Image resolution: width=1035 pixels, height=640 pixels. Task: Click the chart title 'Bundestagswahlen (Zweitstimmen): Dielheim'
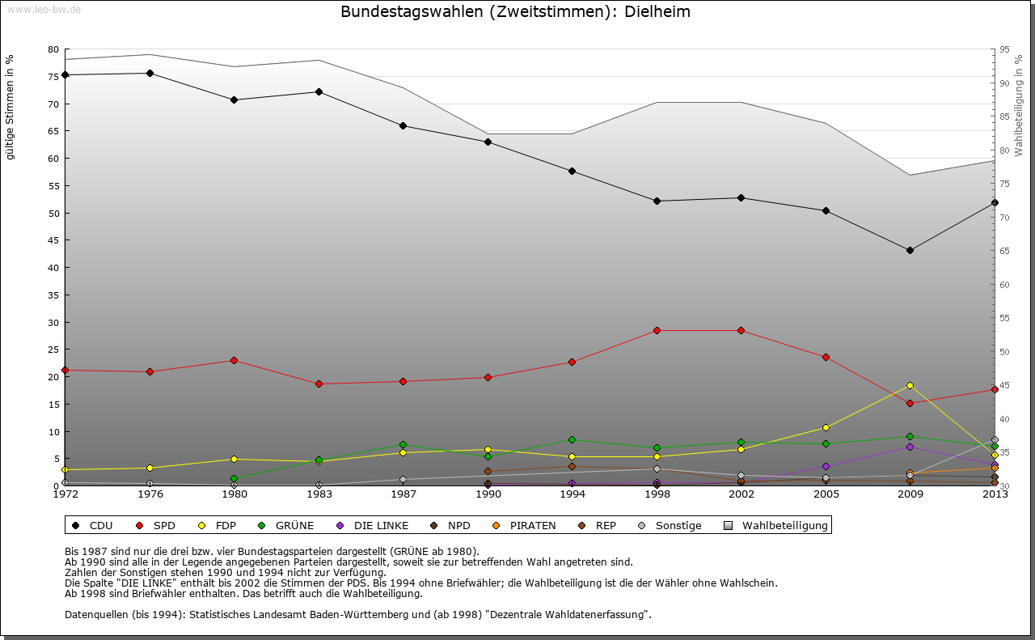point(515,12)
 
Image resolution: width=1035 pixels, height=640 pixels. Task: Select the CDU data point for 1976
point(150,73)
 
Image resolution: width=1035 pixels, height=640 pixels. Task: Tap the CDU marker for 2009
point(910,250)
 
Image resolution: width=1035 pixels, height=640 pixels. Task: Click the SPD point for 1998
point(657,330)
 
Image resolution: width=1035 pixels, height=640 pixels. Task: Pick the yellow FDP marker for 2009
point(910,385)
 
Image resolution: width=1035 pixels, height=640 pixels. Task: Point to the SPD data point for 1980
point(234,360)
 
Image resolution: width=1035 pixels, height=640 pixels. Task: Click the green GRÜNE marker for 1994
point(572,439)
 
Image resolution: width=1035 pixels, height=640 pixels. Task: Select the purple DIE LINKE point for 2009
point(910,447)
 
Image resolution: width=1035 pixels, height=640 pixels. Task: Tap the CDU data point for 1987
point(403,125)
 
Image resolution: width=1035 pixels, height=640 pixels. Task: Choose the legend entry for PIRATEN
point(524,525)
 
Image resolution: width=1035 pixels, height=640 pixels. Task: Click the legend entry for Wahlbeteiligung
point(776,525)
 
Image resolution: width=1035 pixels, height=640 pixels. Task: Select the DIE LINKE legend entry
point(373,525)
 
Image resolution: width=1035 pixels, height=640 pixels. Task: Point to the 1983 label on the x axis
point(319,494)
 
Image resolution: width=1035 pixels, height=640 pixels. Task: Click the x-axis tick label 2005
point(826,494)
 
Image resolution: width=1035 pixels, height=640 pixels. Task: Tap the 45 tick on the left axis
point(53,240)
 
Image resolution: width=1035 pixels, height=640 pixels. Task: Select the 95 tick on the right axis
point(1004,49)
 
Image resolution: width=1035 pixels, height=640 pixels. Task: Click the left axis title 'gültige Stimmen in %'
point(11,107)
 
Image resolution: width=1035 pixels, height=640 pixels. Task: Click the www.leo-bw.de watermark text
point(42,9)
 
